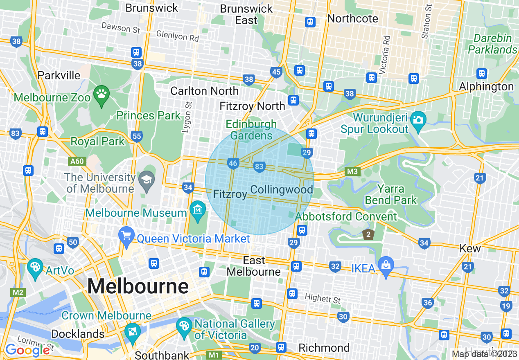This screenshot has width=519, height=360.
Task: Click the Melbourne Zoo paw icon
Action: (x=101, y=94)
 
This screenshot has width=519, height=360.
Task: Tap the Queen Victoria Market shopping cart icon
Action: (x=126, y=236)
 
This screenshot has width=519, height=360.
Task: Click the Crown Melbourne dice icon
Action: (x=132, y=332)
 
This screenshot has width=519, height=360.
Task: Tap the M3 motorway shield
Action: (x=352, y=171)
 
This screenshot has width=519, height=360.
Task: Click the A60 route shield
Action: (x=77, y=161)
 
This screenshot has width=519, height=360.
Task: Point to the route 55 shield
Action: (x=137, y=136)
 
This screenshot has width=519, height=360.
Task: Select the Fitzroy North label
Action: (x=252, y=106)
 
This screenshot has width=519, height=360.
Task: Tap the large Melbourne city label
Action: (x=138, y=286)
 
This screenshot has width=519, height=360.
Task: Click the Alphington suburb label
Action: (x=486, y=87)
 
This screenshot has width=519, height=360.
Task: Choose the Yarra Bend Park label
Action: (x=391, y=195)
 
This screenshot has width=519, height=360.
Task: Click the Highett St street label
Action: (x=323, y=299)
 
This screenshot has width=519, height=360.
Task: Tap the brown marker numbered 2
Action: (x=368, y=234)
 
